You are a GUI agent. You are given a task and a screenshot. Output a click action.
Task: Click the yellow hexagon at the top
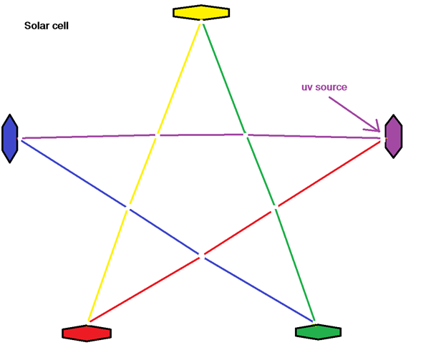pyautogui.click(x=201, y=12)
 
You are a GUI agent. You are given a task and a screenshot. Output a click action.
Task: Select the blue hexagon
pyautogui.click(x=9, y=137)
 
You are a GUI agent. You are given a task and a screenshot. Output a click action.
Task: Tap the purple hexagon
pyautogui.click(x=393, y=135)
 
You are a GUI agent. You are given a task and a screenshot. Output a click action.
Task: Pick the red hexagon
pyautogui.click(x=87, y=333)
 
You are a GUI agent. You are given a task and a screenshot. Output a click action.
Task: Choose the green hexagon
pyautogui.click(x=317, y=332)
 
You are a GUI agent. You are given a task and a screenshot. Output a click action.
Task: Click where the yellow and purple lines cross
pyautogui.click(x=156, y=135)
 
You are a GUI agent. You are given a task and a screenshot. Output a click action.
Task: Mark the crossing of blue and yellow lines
pyautogui.click(x=127, y=208)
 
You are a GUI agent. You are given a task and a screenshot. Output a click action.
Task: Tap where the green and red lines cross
pyautogui.click(x=274, y=208)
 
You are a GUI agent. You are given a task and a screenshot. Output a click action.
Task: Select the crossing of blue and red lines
pyautogui.click(x=201, y=254)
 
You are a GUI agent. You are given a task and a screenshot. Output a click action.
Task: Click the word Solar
pyautogui.click(x=36, y=26)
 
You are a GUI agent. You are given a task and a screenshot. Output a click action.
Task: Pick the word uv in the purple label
pyautogui.click(x=307, y=87)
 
